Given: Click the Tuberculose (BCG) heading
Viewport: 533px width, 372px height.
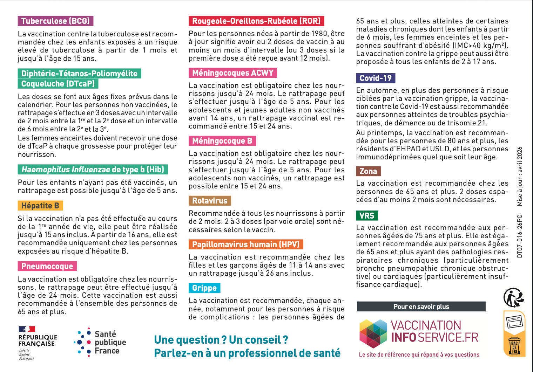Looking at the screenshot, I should click(x=55, y=21).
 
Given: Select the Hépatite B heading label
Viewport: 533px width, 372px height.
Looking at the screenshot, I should click(x=40, y=206).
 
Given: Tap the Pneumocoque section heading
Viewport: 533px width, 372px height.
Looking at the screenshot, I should click(x=47, y=266).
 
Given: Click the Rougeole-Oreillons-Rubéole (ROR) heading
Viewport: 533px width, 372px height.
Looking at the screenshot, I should click(x=256, y=21).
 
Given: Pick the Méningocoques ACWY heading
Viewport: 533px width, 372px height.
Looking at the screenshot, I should click(x=233, y=73).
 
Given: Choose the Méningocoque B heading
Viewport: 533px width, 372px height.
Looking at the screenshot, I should click(x=222, y=141).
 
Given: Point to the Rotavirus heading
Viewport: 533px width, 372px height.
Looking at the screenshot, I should click(x=210, y=201).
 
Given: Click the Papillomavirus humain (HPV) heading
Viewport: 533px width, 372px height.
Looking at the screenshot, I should click(x=246, y=244).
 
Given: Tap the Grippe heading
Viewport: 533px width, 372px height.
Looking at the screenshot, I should click(x=204, y=288).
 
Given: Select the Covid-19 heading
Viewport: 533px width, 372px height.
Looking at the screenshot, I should click(x=376, y=78).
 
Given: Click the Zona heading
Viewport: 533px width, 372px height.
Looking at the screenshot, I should click(x=368, y=171).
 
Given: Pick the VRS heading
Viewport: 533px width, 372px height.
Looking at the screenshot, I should click(x=367, y=216).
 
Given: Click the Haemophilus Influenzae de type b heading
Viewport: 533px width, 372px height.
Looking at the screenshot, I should click(x=93, y=170).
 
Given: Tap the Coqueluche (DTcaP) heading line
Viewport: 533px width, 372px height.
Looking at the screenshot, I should click(x=58, y=84).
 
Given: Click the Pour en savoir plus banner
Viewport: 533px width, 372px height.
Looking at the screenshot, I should click(x=421, y=306).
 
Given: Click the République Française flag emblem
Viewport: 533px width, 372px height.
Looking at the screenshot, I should click(x=27, y=329).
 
